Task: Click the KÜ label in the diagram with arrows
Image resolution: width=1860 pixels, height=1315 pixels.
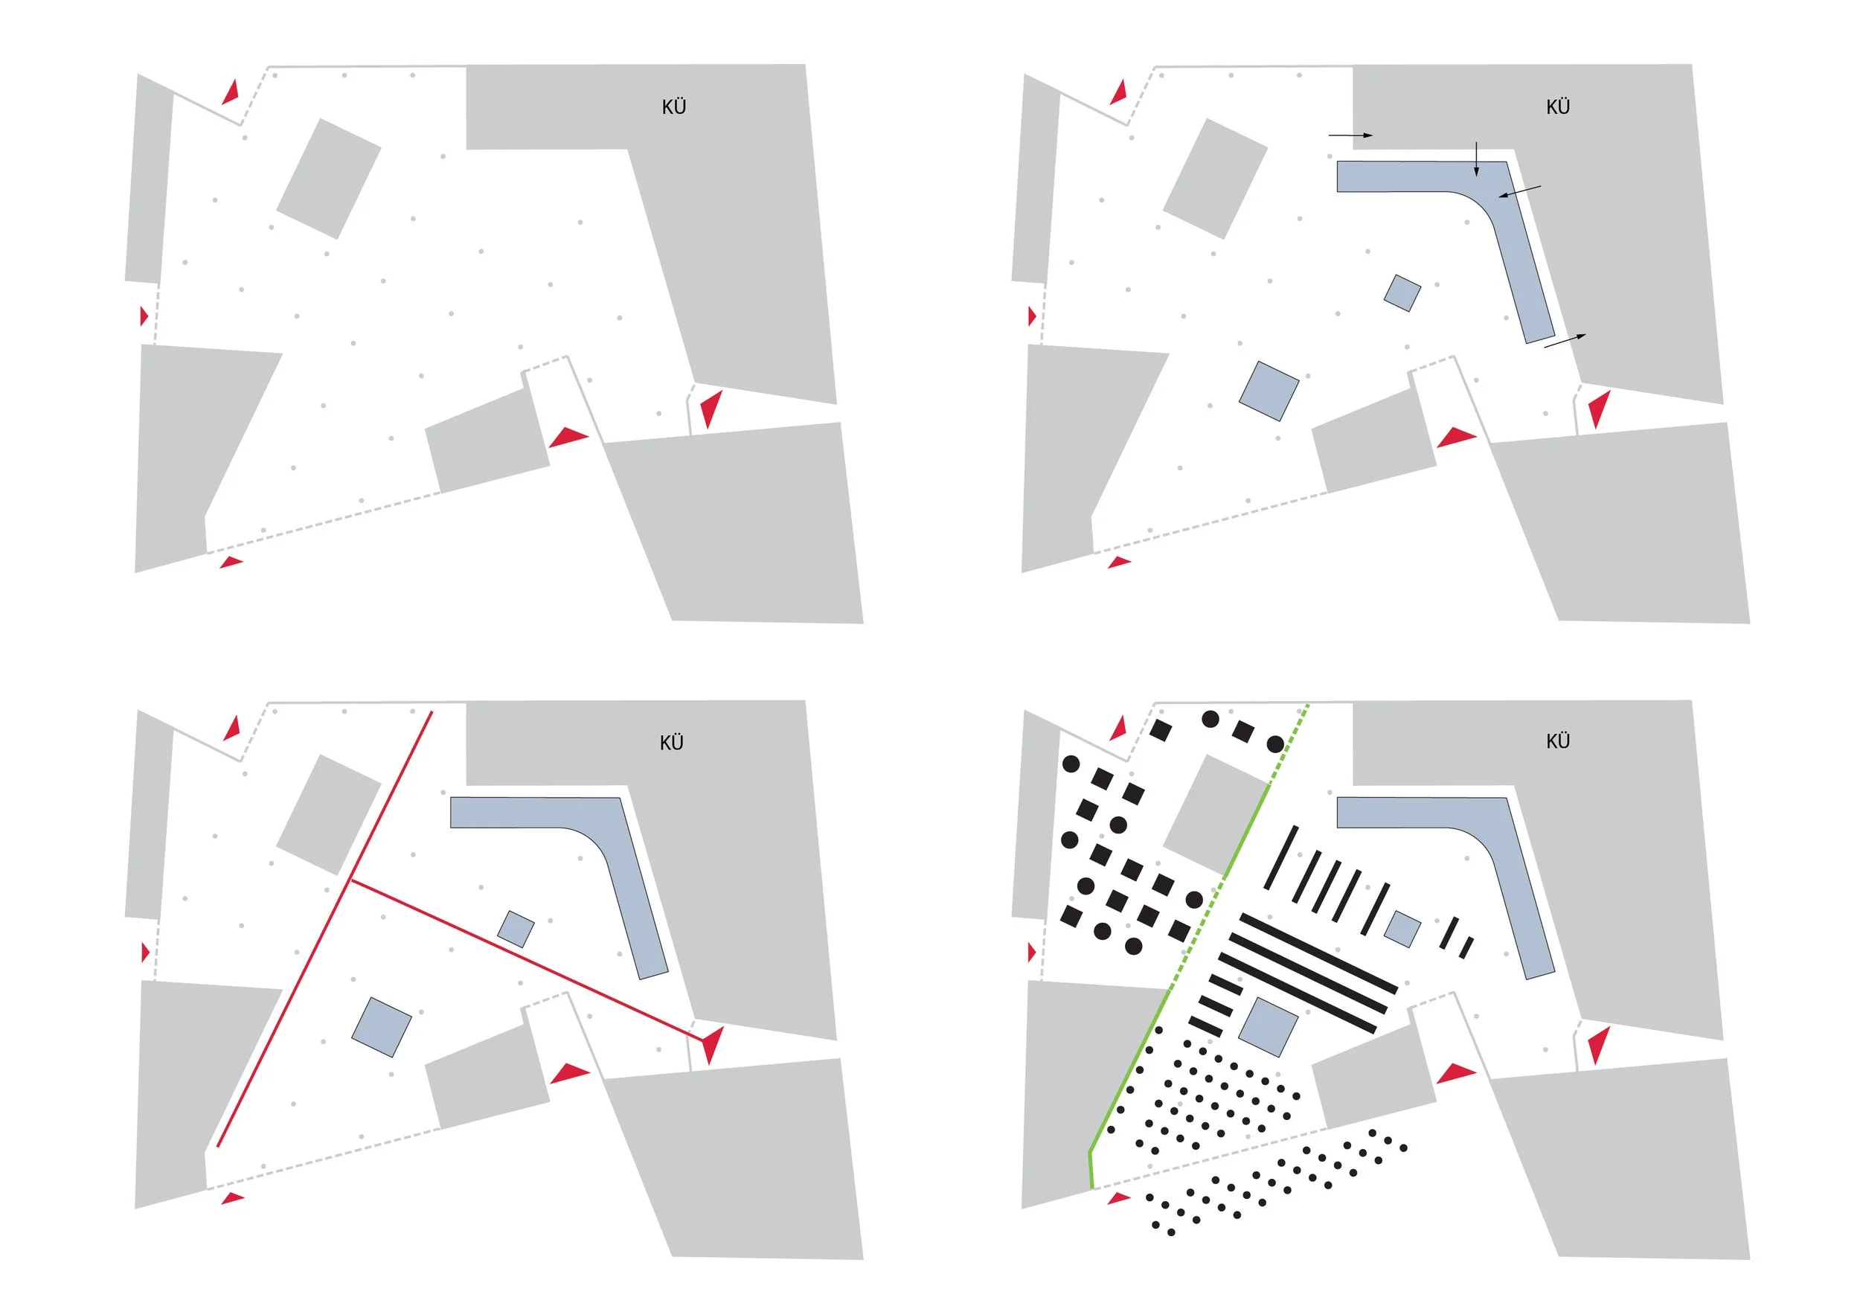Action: point(1557,107)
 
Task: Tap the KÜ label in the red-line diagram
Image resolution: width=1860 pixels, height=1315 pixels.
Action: point(672,743)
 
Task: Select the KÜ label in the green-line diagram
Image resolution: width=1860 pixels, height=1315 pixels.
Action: point(1557,741)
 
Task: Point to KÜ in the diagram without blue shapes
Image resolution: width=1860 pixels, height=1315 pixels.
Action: point(673,107)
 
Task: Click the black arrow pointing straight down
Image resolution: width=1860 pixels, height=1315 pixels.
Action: point(1476,159)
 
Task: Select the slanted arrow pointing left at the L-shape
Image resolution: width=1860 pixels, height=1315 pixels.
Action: point(1519,191)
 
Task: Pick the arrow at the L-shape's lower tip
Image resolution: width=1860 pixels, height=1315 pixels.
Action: point(1565,340)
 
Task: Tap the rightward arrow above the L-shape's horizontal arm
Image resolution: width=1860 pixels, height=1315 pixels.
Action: point(1350,135)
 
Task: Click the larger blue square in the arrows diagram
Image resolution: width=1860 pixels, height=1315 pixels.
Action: point(1269,391)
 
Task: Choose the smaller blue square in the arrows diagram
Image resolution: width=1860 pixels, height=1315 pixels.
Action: point(1402,293)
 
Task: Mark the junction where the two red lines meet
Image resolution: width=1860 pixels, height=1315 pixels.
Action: point(350,880)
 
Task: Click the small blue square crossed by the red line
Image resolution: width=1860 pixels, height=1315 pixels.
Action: point(516,930)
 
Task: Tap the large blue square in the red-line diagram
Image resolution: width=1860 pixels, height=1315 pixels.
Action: point(382,1026)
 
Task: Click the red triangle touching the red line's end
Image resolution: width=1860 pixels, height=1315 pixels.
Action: point(712,1044)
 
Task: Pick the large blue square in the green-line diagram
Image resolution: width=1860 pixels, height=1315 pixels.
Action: point(1269,1026)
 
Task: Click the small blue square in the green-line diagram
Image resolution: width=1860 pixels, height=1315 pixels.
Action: point(1402,929)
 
